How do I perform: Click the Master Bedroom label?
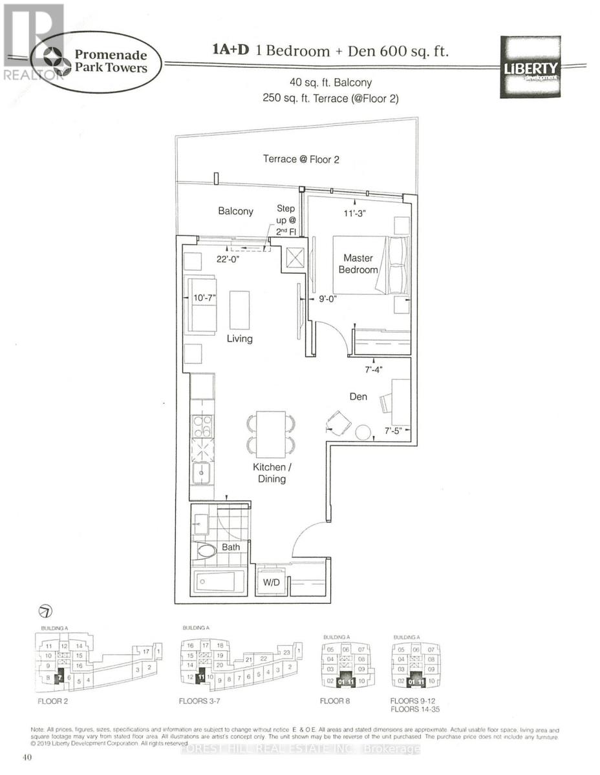(x=358, y=263)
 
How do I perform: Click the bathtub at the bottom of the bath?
(x=219, y=581)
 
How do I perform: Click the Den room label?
(x=358, y=397)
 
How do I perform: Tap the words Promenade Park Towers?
(x=109, y=61)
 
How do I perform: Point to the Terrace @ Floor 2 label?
(x=301, y=159)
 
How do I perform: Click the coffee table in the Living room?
(x=239, y=311)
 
